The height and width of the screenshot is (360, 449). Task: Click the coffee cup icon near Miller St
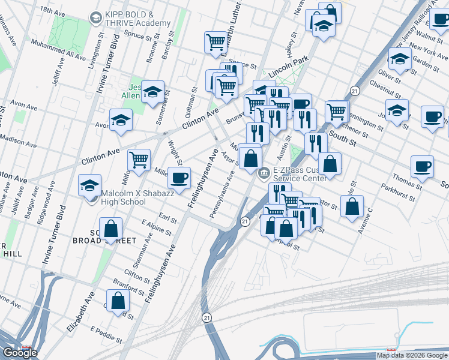(x=179, y=178)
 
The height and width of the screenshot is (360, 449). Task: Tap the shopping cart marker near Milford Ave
(x=139, y=160)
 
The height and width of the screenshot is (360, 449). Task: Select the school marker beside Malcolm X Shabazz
(x=89, y=185)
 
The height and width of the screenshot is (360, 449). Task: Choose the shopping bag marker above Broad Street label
(x=110, y=229)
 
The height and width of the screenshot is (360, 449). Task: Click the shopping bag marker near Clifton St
(x=118, y=301)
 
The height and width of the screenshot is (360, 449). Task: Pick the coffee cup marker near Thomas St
(x=422, y=166)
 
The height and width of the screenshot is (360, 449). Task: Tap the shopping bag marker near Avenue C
(x=354, y=206)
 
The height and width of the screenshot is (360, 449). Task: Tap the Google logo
(x=20, y=353)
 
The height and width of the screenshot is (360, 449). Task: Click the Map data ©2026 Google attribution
(x=412, y=355)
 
